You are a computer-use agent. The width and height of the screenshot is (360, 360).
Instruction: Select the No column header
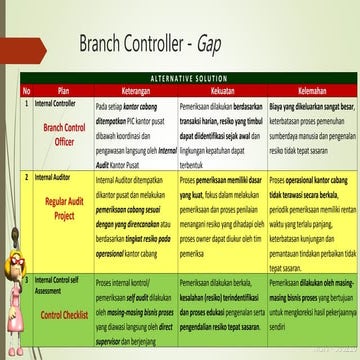(26, 88)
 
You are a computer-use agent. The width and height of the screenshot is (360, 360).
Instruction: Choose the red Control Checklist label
(62, 314)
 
